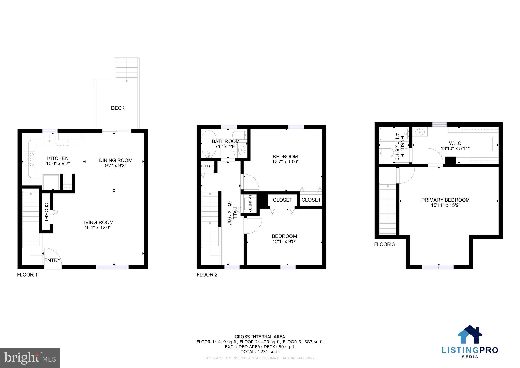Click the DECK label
tap(118, 108)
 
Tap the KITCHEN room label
tap(58, 158)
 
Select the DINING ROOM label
tap(116, 160)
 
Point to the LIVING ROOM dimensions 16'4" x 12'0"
tap(97, 228)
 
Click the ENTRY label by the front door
tap(53, 260)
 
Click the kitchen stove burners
tap(29, 159)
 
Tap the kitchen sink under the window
tap(49, 140)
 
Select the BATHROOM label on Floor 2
tap(226, 141)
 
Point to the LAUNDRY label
tap(250, 204)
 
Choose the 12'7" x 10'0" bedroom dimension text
tap(285, 162)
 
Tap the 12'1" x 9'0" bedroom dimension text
tap(284, 241)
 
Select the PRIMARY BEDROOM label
tap(445, 200)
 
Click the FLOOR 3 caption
tap(384, 244)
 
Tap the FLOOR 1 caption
tap(27, 275)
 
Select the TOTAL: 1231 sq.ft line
tap(260, 352)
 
